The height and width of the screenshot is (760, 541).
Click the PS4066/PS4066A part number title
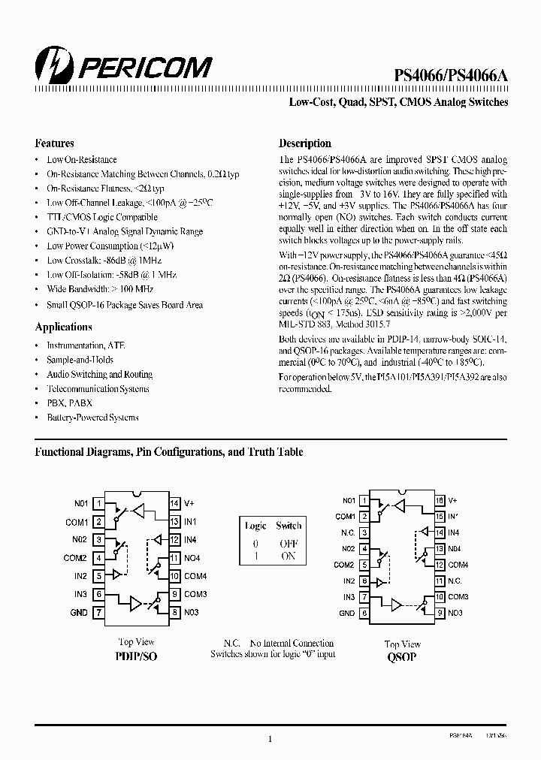452,75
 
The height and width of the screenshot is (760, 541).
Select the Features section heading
54,143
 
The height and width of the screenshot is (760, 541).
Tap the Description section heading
305,143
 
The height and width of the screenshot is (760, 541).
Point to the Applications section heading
63,327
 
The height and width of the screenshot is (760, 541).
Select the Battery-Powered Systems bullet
92,418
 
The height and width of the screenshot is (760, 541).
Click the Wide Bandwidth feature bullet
99,289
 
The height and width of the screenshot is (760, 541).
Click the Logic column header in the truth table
255,526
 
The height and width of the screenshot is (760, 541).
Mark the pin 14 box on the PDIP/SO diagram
174,503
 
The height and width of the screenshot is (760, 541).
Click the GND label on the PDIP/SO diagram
79,612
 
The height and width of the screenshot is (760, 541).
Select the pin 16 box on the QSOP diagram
440,500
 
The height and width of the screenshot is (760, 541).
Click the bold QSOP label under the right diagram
402,657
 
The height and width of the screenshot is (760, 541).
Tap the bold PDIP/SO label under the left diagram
136,656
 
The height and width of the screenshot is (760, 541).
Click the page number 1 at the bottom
270,739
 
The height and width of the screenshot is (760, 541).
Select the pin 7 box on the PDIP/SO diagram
99,612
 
